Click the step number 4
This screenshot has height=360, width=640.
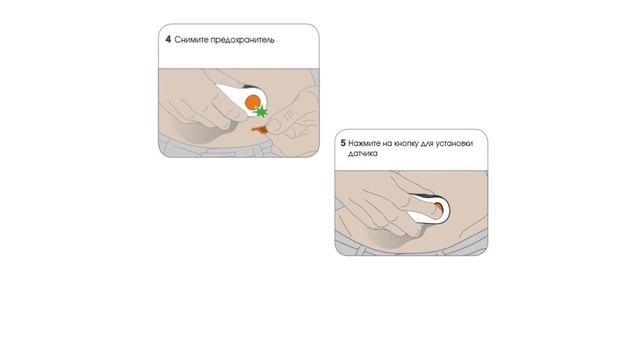point(168,40)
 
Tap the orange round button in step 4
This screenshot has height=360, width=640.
point(253,102)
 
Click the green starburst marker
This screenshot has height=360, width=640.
point(262,111)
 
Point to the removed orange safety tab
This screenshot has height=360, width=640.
point(259,130)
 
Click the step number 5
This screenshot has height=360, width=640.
point(343,143)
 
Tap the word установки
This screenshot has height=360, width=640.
point(454,144)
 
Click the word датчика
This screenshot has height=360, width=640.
point(363,154)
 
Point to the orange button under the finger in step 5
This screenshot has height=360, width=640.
point(438,208)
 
